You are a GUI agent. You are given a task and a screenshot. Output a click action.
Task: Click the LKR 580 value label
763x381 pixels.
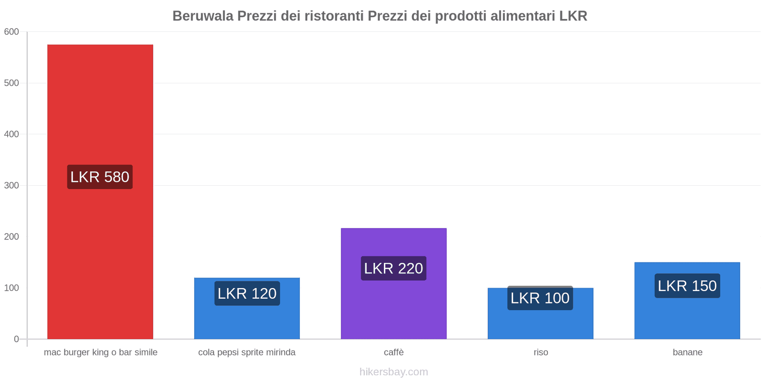click(100, 177)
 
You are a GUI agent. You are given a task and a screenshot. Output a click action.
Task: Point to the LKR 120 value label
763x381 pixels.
click(247, 293)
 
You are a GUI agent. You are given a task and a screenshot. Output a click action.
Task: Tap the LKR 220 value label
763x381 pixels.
click(393, 269)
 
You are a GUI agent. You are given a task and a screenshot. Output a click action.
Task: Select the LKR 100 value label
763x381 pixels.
click(540, 298)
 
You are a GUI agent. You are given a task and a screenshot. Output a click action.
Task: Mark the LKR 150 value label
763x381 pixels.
click(687, 286)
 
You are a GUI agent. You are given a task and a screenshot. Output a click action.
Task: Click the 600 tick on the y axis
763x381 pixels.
click(11, 32)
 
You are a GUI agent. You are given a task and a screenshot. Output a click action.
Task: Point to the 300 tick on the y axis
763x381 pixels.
click(11, 186)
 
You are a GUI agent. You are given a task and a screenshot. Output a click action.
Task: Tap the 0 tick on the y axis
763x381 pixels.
click(16, 339)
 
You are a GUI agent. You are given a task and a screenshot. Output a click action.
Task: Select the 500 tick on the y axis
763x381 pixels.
click(11, 83)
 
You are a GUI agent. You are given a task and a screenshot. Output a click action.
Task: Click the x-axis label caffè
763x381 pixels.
click(393, 352)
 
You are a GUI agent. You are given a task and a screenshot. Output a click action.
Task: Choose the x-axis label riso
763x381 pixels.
click(541, 352)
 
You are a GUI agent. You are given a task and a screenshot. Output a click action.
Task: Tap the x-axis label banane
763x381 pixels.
click(687, 352)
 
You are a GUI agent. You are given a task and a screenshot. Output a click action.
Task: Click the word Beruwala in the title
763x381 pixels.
click(203, 16)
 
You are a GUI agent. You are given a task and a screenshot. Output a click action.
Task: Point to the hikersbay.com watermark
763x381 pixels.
click(393, 372)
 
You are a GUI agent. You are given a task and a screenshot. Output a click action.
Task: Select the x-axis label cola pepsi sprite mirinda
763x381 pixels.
click(247, 352)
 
